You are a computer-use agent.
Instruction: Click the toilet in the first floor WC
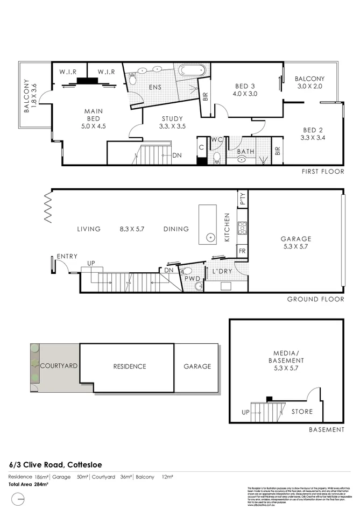click(217, 157)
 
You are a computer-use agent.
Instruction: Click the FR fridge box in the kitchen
click(242, 251)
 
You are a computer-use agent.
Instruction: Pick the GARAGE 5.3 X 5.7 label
click(295, 243)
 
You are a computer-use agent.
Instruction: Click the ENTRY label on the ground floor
click(67, 256)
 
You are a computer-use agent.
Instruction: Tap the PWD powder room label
click(192, 280)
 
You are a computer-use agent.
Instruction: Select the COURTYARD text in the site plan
click(59, 365)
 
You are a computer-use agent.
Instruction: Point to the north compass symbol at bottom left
click(18, 500)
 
